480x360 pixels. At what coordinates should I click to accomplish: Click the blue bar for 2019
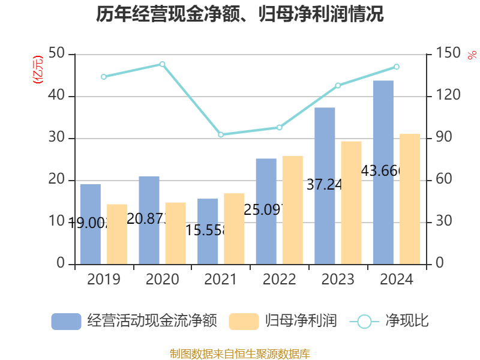coord(90,224)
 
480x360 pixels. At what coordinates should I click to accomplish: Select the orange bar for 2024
coord(410,199)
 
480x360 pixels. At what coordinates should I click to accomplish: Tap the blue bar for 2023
coord(325,185)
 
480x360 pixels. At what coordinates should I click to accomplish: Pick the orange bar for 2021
coord(234,229)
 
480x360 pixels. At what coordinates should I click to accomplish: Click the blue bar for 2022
coord(266,211)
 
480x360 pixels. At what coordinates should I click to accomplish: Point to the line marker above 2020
coord(163,64)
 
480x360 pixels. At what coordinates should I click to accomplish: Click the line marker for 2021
coord(221,135)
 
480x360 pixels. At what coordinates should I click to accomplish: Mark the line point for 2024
coord(397,67)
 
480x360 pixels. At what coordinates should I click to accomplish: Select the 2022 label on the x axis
coord(279,280)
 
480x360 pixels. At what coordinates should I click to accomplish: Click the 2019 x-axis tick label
coord(103,280)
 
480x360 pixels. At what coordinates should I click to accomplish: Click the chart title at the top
coord(240,14)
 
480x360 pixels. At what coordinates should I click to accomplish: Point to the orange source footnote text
coord(240,354)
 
